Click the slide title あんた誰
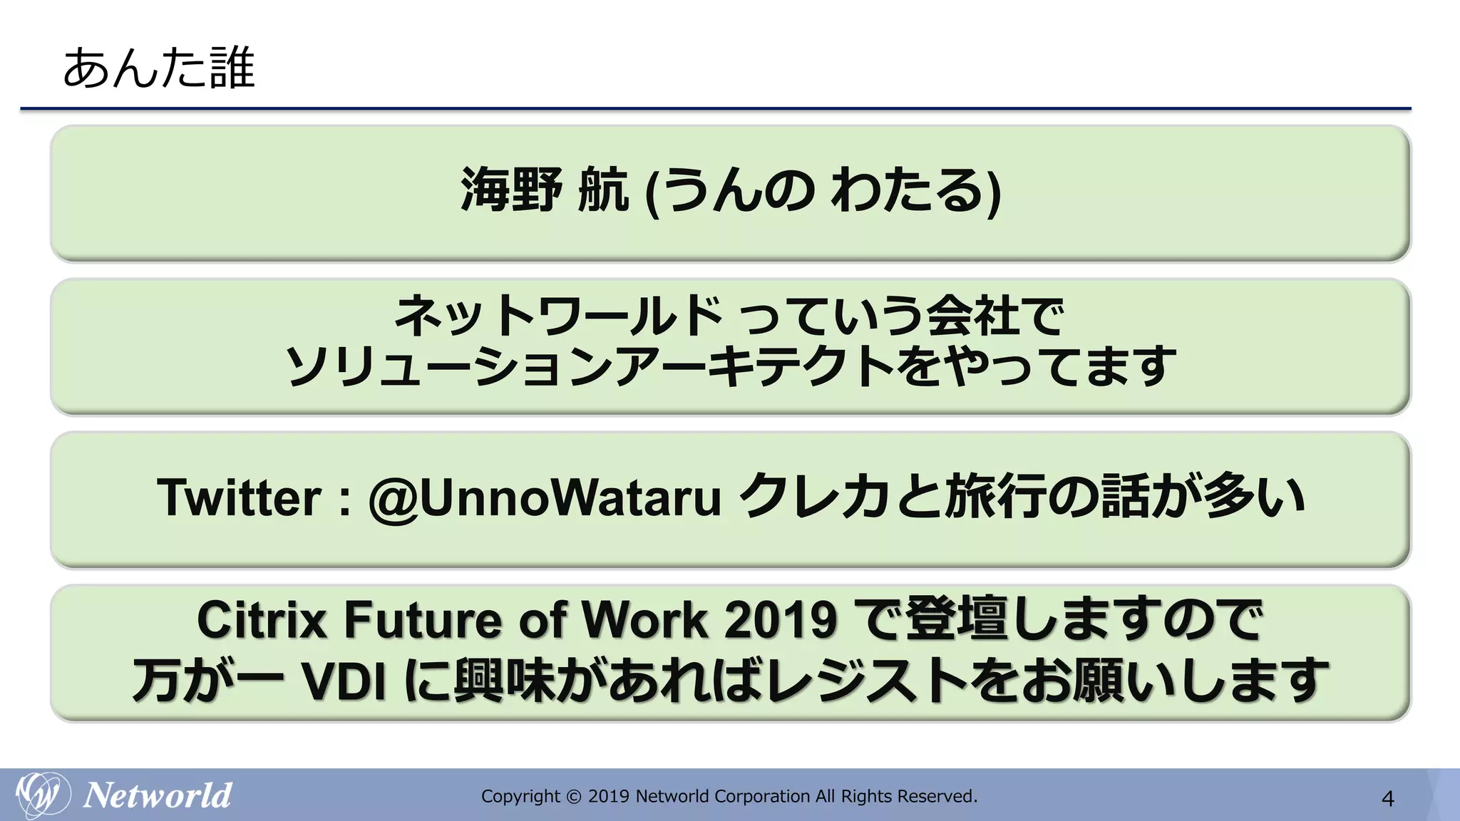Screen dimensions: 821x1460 pos(158,68)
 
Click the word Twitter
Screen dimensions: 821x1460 pos(240,497)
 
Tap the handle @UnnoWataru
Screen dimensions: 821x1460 pos(545,497)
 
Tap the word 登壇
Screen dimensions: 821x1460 pos(956,619)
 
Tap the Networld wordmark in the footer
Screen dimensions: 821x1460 pos(158,795)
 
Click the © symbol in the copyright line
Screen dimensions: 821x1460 pos(574,797)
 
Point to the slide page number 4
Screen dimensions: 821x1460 pos(1387,798)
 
